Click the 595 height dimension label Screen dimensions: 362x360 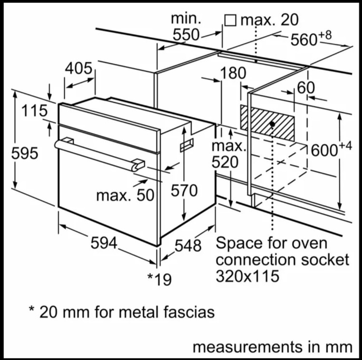[x=25, y=153]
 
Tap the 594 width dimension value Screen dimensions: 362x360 [x=104, y=243]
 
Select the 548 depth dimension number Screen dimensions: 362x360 [x=188, y=245]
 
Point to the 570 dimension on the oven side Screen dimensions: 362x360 [x=184, y=191]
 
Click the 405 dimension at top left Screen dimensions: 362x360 [x=79, y=69]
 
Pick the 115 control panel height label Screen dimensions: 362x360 [x=35, y=111]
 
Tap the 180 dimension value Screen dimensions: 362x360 [x=233, y=73]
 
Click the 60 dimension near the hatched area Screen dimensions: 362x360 [x=306, y=88]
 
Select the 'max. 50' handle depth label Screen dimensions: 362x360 [x=125, y=195]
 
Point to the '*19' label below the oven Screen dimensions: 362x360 [x=160, y=279]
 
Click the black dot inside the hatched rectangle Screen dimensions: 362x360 [x=272, y=124]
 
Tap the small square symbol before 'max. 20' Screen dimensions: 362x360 [x=230, y=20]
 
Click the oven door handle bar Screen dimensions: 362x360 [x=99, y=154]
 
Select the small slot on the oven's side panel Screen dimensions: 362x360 [x=187, y=145]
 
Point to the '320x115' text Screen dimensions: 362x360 [x=248, y=276]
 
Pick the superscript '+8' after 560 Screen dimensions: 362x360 [x=325, y=35]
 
